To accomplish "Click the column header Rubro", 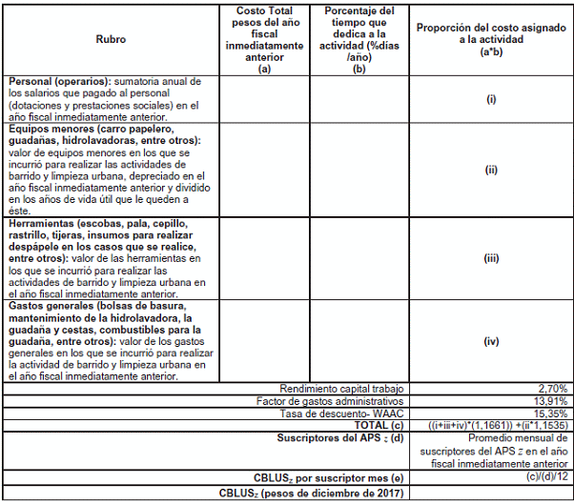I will [111, 40].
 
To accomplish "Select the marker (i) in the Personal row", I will [492, 99].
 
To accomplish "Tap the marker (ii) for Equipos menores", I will [492, 171].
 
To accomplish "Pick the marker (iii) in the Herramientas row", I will [492, 258].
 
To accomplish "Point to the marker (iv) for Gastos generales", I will [492, 341].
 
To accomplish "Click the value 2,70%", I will [553, 389].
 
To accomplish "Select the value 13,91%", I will [551, 400].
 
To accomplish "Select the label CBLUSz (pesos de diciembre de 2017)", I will [311, 493].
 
